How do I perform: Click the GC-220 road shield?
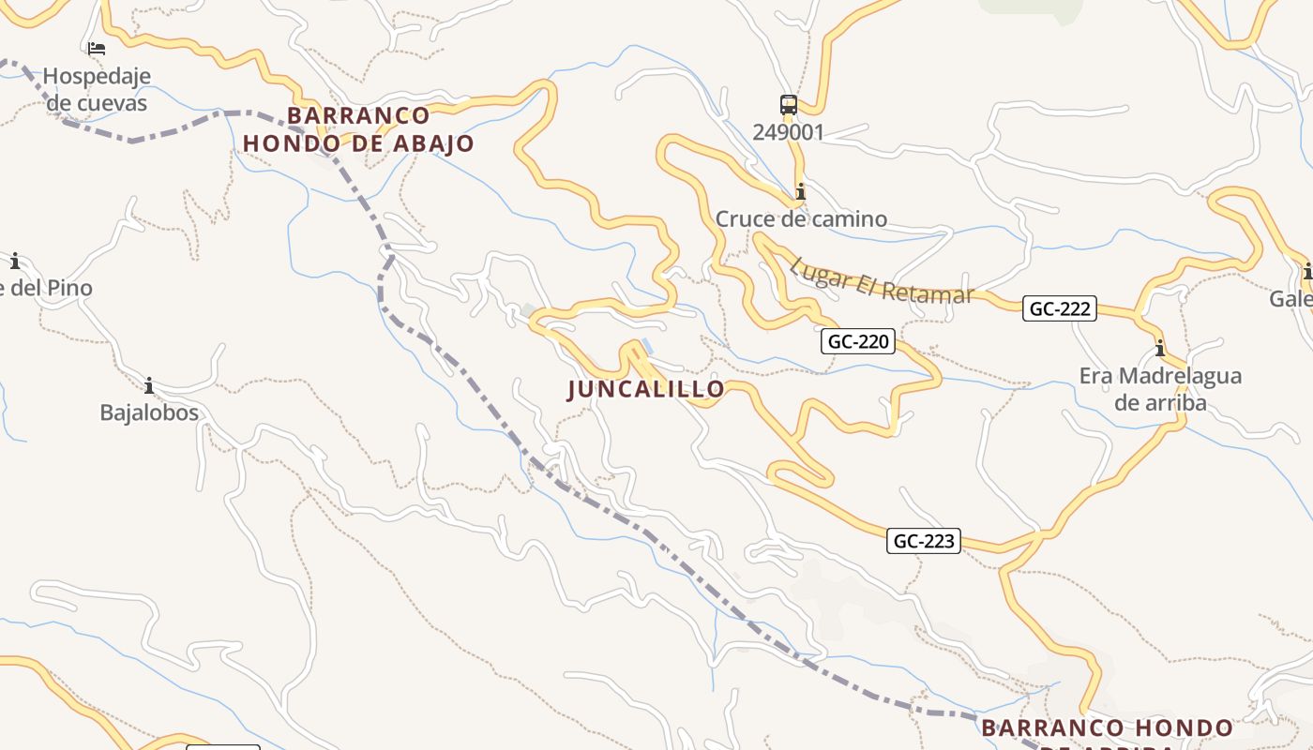[858, 341]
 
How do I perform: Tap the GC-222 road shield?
[1060, 308]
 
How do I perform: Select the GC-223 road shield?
[924, 541]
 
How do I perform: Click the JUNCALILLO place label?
[646, 389]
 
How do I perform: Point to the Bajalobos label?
[149, 412]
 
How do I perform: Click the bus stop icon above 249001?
[788, 104]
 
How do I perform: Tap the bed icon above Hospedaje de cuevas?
[97, 49]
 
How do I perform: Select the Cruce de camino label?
[801, 219]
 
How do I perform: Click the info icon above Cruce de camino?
[800, 192]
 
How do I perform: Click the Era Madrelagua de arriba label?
[1160, 389]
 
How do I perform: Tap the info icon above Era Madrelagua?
[1160, 349]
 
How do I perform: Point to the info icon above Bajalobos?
[148, 385]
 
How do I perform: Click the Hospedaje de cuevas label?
[97, 89]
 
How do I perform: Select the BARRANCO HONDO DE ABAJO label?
[358, 129]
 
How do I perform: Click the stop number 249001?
[788, 132]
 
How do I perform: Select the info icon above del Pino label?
[15, 261]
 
